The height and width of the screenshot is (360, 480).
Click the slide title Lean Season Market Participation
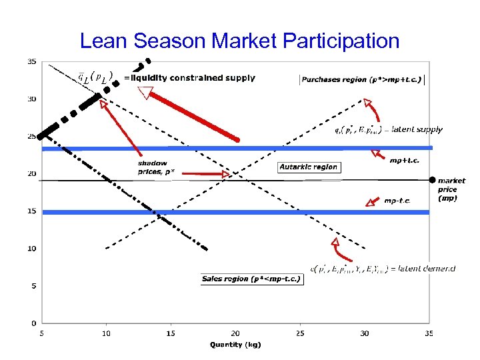pyautogui.click(x=239, y=41)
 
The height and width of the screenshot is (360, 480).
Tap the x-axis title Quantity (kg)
pyautogui.click(x=235, y=345)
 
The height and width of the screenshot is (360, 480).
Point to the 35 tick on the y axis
pyautogui.click(x=31, y=61)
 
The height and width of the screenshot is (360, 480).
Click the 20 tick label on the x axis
pyautogui.click(x=235, y=333)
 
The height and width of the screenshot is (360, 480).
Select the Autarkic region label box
pyautogui.click(x=309, y=167)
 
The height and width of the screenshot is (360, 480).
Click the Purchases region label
pyautogui.click(x=362, y=79)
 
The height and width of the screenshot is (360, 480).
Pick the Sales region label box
pyautogui.click(x=251, y=279)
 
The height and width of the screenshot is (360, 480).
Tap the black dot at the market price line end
pyautogui.click(x=432, y=180)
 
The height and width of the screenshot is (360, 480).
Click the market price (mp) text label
pyautogui.click(x=451, y=189)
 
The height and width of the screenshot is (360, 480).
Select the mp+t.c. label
pyautogui.click(x=405, y=160)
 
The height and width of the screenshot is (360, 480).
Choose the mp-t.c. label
pyautogui.click(x=397, y=201)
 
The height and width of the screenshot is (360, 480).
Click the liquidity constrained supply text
pyautogui.click(x=189, y=78)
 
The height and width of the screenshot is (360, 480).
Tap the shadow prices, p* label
pyautogui.click(x=153, y=167)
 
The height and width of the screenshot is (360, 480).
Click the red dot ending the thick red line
pyautogui.click(x=237, y=139)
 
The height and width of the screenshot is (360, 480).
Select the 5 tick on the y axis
pyautogui.click(x=31, y=286)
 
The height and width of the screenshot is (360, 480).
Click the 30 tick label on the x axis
pyautogui.click(x=364, y=333)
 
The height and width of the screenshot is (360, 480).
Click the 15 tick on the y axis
pyautogui.click(x=31, y=211)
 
